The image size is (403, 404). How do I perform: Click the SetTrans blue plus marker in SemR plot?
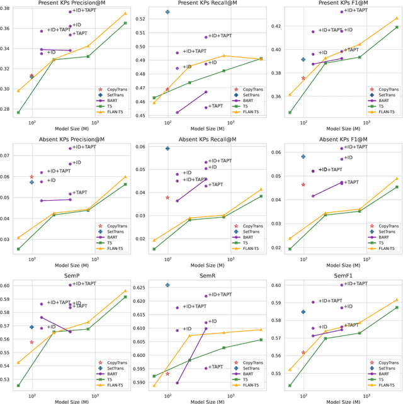coord(167,285)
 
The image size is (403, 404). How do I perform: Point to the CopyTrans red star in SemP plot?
coord(31,342)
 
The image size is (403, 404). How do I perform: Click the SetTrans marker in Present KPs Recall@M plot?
coord(167,12)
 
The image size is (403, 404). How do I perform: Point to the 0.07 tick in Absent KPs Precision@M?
coord(9,155)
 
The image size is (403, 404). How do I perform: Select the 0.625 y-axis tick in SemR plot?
coord(143,287)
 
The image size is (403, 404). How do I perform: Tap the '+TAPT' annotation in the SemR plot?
coord(215,367)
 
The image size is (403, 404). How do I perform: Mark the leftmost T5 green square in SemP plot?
coord(18,386)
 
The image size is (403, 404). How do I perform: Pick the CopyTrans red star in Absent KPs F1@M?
coord(304,184)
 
